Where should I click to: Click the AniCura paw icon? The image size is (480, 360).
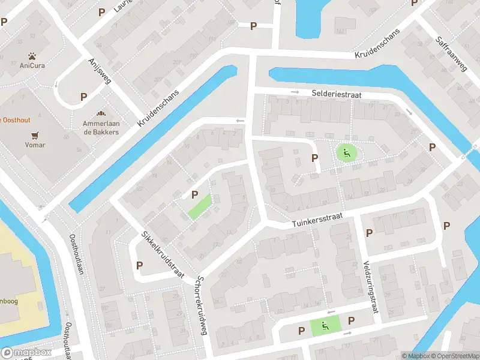tap(26, 55)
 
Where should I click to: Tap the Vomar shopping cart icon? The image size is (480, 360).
tap(35, 135)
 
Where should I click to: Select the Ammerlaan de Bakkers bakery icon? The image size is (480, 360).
tap(101, 113)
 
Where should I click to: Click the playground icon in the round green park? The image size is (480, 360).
tap(346, 152)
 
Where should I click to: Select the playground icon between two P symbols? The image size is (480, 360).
tap(325, 326)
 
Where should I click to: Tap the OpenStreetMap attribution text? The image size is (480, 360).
tap(453, 356)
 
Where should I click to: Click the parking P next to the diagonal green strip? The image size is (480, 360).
tap(194, 194)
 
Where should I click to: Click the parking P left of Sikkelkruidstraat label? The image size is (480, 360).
tap(140, 265)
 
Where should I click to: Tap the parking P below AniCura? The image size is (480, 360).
tap(83, 96)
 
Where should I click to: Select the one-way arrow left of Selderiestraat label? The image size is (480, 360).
tap(295, 92)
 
